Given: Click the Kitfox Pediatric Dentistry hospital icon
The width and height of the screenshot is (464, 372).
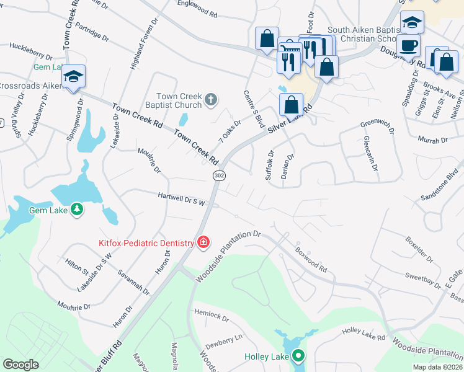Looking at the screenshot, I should point(203,242).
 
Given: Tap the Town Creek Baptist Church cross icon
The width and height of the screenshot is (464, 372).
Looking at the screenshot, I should point(211,99).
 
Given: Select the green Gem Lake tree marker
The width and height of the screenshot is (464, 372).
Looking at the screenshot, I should point(76,210).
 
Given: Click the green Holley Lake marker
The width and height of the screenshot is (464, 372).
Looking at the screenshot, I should point(298,356).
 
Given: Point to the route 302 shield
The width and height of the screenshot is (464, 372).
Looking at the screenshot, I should point(218,176).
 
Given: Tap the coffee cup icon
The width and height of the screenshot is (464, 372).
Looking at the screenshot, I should point(408,46).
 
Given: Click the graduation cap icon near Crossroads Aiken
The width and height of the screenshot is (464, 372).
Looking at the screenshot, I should point(73,77).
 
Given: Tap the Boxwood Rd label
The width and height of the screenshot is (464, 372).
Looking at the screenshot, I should point(311,258).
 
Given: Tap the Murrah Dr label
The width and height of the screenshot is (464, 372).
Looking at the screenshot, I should point(432,141).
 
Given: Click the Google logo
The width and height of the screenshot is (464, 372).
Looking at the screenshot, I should point(21,364).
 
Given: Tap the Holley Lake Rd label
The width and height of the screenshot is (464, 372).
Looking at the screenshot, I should point(362,335).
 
